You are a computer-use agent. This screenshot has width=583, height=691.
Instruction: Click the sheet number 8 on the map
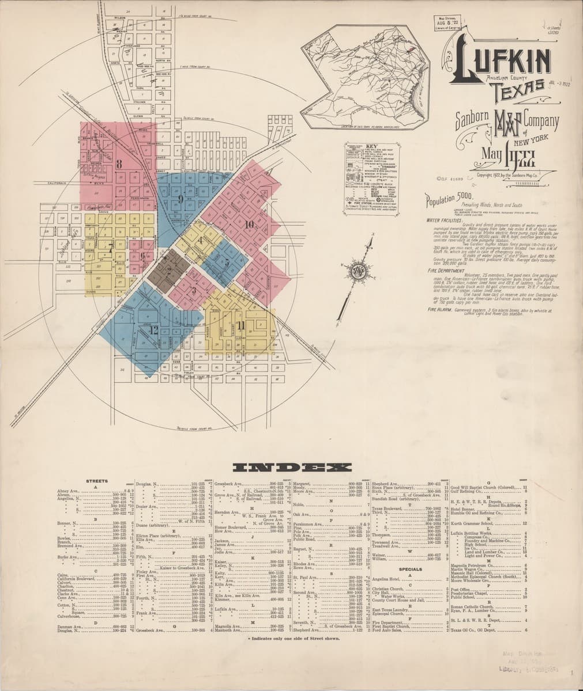click(119, 164)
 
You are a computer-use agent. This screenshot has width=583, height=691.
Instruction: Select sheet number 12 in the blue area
click(153, 331)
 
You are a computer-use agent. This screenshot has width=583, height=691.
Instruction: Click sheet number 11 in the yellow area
click(240, 326)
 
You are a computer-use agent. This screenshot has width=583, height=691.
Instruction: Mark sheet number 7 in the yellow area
click(110, 249)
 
